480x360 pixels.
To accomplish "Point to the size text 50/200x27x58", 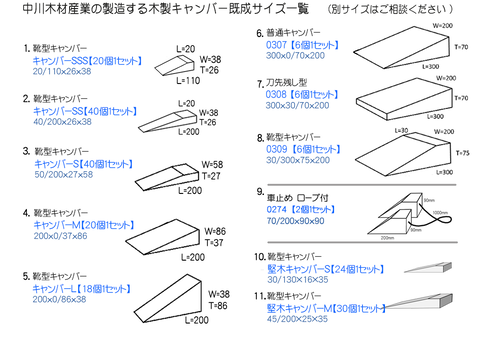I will point(63,173).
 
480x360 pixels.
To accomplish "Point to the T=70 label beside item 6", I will point(460,47).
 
